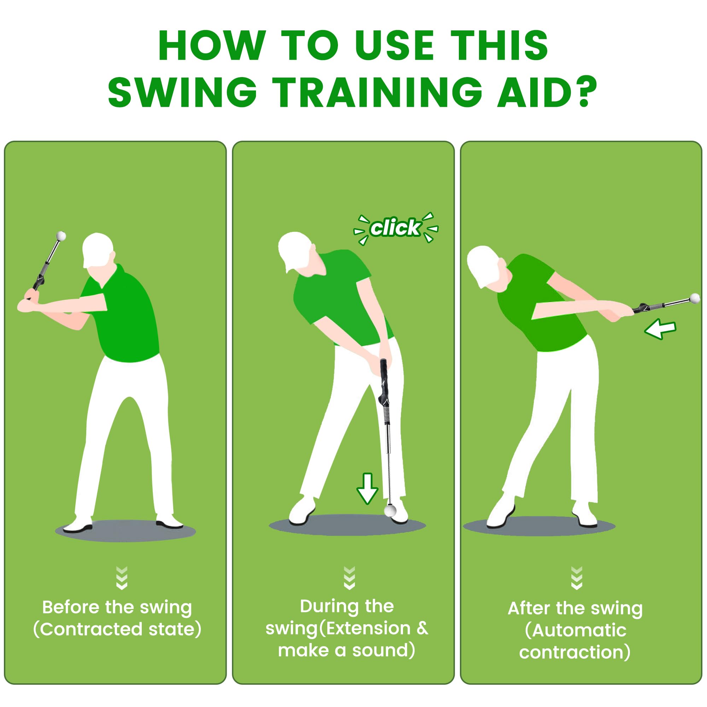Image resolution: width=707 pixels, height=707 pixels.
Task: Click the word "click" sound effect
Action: [x=395, y=228]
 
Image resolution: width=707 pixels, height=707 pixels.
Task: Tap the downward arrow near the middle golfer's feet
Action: [x=367, y=489]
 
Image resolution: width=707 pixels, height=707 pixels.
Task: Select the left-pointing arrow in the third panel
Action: [x=660, y=328]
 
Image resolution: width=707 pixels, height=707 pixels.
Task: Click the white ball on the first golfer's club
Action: [x=61, y=236]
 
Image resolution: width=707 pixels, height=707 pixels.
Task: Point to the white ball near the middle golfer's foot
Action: [x=390, y=510]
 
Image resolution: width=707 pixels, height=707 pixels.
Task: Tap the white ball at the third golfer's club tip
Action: [x=695, y=299]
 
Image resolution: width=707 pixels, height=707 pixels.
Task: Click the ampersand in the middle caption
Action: [x=422, y=628]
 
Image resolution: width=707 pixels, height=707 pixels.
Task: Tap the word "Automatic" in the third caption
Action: [x=579, y=631]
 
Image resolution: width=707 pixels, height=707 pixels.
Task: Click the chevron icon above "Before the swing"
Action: [x=122, y=578]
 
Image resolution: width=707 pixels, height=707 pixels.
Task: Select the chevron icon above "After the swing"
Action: [x=577, y=578]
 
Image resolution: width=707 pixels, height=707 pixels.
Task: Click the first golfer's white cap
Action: [x=97, y=247]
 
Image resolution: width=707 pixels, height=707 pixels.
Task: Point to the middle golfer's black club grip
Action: [x=384, y=381]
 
